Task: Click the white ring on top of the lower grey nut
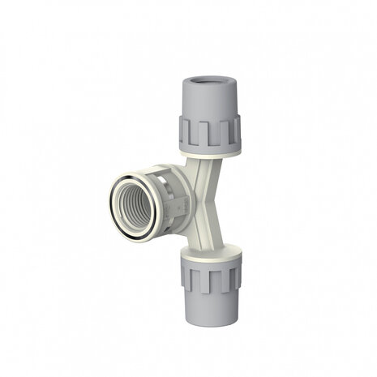coord(212,248)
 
